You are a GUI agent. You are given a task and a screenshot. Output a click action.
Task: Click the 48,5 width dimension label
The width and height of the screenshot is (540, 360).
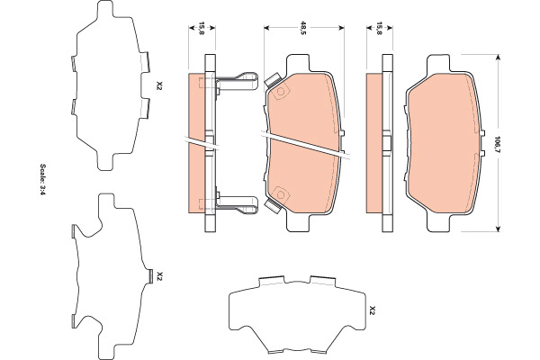303,28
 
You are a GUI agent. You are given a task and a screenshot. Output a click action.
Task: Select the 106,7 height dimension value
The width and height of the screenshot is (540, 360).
497,144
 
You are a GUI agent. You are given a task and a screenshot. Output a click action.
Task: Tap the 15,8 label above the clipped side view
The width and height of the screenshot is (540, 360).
202,28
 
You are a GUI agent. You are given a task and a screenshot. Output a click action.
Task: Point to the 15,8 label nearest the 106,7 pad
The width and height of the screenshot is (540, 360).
379,28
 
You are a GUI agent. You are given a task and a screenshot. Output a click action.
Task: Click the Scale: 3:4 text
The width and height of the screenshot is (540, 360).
42,179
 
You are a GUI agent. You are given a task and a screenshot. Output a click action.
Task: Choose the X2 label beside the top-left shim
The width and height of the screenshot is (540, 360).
158,85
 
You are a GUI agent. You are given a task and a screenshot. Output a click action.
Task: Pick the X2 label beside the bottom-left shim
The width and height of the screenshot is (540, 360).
158,275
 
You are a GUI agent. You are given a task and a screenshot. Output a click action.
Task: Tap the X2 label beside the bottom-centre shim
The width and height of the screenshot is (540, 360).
371,310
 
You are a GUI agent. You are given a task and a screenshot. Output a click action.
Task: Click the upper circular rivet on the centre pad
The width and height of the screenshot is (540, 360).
280,92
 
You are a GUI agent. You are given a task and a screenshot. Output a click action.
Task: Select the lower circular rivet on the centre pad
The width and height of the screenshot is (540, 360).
280,195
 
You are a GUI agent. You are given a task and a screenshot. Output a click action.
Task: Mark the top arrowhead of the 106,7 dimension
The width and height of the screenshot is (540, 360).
497,58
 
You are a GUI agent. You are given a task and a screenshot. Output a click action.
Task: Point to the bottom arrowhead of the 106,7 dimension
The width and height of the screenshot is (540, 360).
497,229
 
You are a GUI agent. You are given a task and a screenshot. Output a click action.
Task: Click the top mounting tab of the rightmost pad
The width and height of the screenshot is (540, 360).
438,63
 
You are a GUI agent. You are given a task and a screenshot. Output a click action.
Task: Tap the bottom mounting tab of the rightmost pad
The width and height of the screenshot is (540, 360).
438,222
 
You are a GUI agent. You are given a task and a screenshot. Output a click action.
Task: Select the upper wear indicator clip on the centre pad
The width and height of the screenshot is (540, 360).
273,81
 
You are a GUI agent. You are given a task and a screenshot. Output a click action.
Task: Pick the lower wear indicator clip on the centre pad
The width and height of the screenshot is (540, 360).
273,206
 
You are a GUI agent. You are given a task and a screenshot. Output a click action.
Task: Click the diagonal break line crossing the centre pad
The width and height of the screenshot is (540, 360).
305,146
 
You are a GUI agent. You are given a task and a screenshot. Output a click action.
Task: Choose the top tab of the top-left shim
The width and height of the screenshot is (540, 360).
104,9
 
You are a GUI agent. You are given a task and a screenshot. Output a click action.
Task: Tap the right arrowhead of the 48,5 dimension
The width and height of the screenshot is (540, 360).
341,28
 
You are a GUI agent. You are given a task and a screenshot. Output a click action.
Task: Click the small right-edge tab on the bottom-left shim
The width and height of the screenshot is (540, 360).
150,276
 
